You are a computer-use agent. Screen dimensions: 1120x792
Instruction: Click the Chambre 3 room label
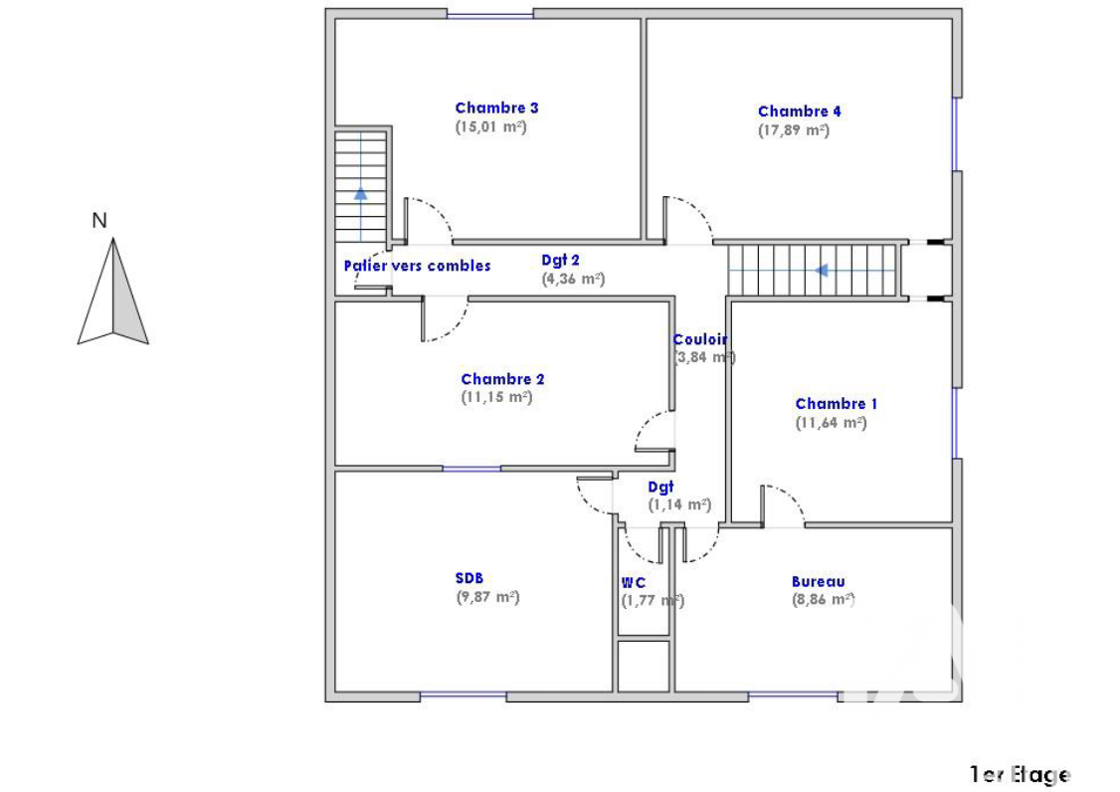point(496,107)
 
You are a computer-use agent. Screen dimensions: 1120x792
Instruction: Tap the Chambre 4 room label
point(800,111)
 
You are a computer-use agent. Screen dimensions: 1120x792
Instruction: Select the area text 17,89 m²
point(794,130)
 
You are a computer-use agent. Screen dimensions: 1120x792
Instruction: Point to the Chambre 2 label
point(502,379)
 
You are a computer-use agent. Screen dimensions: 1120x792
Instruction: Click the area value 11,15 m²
point(496,397)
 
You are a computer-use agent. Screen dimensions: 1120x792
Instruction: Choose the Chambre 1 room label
point(836,404)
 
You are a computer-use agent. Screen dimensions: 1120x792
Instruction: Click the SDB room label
point(469,578)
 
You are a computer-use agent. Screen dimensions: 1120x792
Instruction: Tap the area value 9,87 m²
point(487,597)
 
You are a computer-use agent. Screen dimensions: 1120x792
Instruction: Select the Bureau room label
point(818,582)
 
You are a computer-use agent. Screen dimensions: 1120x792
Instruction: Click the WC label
point(633,583)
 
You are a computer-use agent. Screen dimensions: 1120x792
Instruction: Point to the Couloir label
point(700,339)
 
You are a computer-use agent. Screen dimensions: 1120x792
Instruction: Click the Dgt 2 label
point(560,261)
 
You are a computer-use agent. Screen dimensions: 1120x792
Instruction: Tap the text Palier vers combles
point(417,266)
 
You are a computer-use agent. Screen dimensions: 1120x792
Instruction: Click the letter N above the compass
point(99,220)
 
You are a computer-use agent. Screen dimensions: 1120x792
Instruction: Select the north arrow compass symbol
point(112,292)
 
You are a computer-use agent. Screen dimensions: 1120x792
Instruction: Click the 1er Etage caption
point(1020,774)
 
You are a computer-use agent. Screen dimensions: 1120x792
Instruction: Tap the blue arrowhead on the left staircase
point(361,193)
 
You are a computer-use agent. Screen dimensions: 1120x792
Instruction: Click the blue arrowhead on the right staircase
point(822,271)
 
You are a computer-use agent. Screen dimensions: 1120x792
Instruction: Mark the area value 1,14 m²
point(679,504)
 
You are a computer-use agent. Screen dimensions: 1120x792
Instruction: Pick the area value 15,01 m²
point(490,126)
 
